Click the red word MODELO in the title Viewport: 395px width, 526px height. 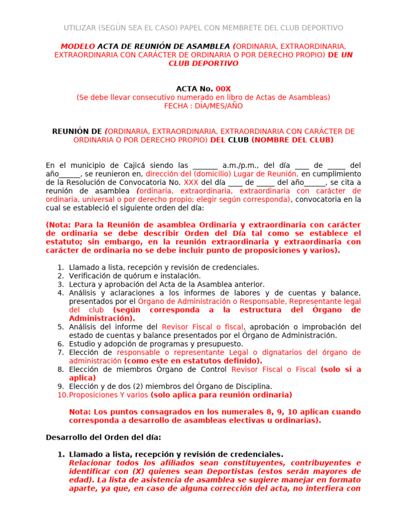[78, 46]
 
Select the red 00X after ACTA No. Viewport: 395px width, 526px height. [224, 89]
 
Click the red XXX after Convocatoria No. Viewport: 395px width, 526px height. [191, 182]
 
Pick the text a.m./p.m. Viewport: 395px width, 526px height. [241, 165]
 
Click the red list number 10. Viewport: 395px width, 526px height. [62, 395]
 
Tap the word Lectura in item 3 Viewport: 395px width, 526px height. [82, 284]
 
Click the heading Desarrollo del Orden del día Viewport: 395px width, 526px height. [103, 437]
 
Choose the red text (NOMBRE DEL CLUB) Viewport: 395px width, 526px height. [293, 140]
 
